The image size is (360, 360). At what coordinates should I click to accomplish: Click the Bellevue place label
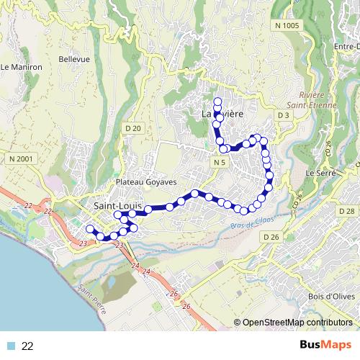[74, 58]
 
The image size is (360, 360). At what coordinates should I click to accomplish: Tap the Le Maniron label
[22, 67]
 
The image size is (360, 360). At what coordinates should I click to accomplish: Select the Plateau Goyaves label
[142, 182]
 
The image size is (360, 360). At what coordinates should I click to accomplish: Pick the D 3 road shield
[283, 115]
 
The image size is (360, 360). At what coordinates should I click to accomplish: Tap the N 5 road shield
[220, 163]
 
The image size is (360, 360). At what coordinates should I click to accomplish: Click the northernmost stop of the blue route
[217, 100]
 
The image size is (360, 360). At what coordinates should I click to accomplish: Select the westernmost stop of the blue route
[90, 229]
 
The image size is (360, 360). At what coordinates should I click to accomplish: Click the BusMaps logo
[325, 346]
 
